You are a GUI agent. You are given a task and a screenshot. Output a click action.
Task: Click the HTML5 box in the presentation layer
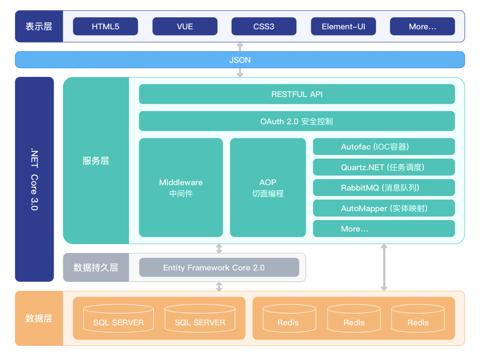105,26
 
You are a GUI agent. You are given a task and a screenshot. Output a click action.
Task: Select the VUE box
185,26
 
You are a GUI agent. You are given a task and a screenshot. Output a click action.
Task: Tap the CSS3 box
264,26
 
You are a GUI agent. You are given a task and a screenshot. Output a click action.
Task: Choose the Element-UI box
344,26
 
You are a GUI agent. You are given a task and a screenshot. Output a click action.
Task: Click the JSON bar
240,60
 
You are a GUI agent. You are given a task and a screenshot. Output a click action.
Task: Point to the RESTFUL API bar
297,94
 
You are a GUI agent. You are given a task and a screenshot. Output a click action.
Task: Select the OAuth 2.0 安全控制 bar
297,121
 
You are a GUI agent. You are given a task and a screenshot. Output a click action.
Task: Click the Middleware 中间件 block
181,188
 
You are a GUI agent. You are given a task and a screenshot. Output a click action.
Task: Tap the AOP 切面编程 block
268,188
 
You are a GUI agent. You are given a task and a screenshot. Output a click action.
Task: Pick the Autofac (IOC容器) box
384,147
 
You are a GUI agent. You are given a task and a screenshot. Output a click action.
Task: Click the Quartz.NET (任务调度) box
384,167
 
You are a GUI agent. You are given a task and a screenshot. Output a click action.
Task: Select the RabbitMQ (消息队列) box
384,188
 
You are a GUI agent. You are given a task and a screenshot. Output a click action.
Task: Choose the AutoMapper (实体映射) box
384,208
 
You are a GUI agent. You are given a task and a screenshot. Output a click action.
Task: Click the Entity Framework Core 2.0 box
219,268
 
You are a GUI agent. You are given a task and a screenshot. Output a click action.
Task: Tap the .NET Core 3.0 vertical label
34,180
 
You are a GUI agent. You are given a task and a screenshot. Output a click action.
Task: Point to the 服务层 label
96,161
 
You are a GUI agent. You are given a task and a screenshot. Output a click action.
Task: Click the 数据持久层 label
96,268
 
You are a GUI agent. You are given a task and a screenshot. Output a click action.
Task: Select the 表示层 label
39,26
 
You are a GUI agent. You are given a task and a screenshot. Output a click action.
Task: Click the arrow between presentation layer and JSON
240,47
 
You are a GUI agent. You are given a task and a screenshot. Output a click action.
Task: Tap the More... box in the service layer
384,229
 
